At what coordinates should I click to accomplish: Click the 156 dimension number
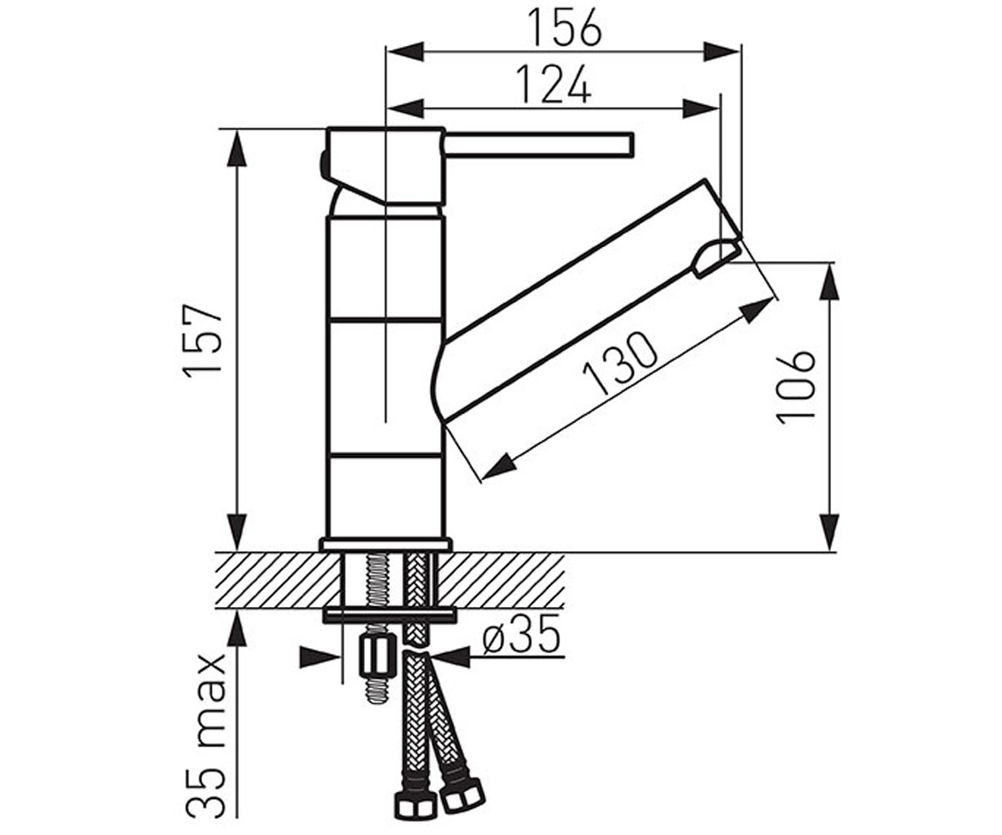(564, 28)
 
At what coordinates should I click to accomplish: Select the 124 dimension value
(554, 84)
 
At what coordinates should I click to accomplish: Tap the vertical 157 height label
(204, 342)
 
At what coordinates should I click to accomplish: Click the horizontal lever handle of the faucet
(539, 144)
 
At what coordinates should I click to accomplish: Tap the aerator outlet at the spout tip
(715, 257)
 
